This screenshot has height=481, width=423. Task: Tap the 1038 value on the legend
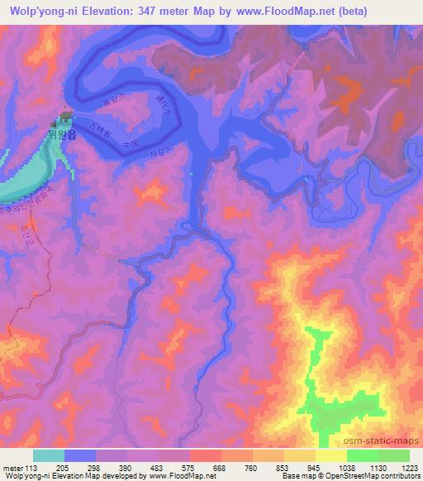345,468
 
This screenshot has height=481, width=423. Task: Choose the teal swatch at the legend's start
49,455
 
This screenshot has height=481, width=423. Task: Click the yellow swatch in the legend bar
331,455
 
